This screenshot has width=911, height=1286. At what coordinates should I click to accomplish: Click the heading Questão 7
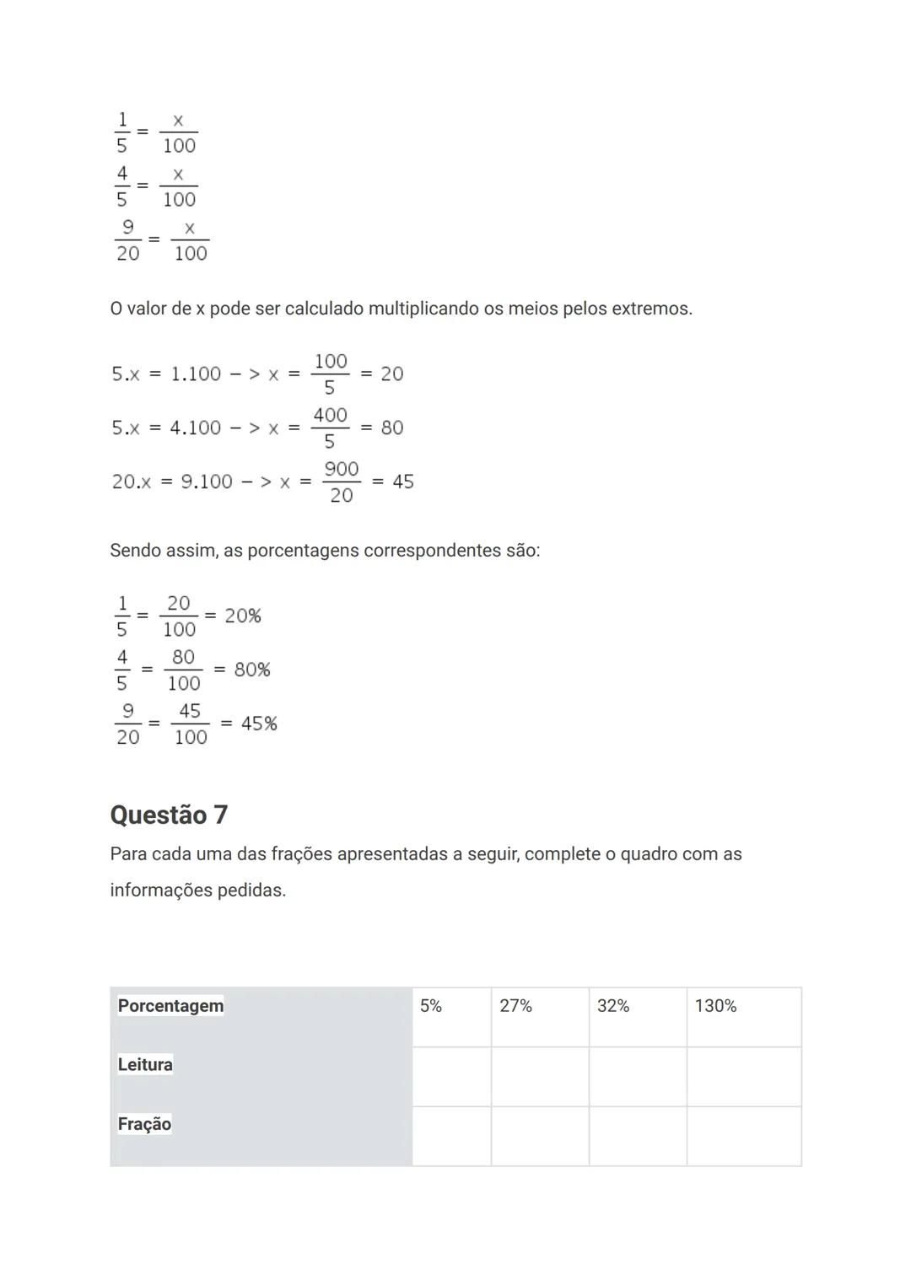tap(169, 815)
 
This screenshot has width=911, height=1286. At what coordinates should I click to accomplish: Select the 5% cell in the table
tap(451, 1017)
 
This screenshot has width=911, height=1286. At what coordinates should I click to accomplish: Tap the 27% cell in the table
tap(540, 1017)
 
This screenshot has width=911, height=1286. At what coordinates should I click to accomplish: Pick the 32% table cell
tap(638, 1017)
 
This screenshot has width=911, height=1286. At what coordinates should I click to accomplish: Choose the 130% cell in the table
tap(744, 1017)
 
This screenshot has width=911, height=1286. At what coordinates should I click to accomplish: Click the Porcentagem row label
tap(170, 1006)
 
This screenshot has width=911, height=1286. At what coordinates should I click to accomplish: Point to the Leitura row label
tap(145, 1065)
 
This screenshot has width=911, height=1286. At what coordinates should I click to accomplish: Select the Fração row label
tap(144, 1124)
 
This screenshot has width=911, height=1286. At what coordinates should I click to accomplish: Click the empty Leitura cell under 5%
tap(451, 1077)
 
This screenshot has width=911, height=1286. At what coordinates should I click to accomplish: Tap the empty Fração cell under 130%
tap(744, 1137)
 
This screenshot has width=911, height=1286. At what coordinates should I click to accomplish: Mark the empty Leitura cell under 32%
tap(638, 1077)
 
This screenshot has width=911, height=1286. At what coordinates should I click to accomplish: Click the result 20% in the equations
tap(243, 616)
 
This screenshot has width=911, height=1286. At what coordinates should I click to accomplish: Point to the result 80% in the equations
tap(252, 670)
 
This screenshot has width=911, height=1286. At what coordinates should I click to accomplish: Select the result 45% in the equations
tap(259, 724)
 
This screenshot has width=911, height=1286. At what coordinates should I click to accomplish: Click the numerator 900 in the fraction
tap(342, 469)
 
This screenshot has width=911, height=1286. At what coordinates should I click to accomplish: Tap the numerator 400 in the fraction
tap(330, 415)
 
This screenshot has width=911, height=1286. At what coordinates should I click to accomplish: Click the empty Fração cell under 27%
tap(540, 1137)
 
